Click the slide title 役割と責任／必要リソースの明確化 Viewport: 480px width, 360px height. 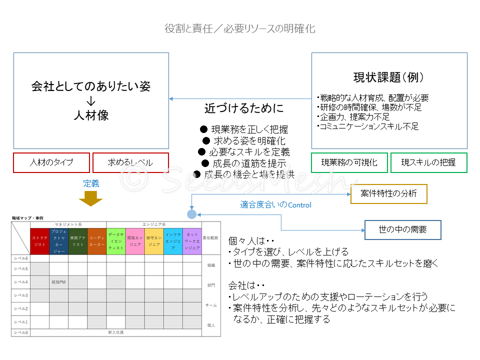(240, 28)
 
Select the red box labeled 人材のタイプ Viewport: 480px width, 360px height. (51, 162)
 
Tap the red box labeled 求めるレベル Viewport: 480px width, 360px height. (130, 162)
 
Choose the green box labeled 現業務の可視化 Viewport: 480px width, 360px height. (349, 162)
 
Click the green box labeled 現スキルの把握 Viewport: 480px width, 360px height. (428, 162)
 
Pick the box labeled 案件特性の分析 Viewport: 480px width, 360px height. (388, 193)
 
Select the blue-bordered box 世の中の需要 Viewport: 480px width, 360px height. (402, 230)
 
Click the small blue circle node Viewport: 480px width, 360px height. (191, 214)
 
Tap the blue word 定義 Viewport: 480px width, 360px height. (91, 183)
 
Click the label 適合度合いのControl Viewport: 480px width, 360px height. (275, 204)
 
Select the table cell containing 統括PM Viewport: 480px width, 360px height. (59, 282)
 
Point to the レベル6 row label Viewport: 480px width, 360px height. (21, 258)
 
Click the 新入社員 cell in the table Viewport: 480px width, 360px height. (116, 332)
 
